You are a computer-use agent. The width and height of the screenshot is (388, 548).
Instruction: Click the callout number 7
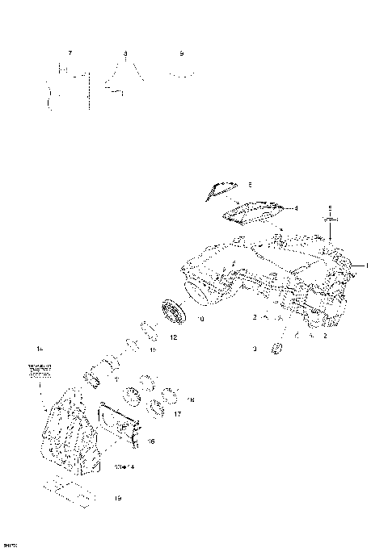pos(70,52)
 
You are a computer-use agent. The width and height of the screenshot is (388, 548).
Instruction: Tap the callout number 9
pos(182,52)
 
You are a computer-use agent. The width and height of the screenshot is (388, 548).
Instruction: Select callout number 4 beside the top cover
pos(296,208)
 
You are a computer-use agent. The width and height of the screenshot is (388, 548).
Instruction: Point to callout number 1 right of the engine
pos(366,265)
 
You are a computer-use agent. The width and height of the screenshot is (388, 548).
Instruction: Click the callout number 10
pos(200,320)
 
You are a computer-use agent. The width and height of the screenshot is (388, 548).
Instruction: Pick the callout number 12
pos(174,337)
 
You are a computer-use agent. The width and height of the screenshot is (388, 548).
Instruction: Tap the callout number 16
pos(151,441)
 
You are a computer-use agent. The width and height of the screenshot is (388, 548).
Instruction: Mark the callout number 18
pos(191,399)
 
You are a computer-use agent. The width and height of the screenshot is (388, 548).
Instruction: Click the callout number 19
pos(117,499)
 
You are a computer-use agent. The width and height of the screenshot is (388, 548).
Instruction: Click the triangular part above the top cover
pos(220,189)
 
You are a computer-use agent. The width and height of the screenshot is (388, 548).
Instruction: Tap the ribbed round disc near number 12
pos(171,311)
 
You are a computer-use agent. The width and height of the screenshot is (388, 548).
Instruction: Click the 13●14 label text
pos(124,466)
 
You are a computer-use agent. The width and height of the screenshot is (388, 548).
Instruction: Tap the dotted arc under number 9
pos(182,72)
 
